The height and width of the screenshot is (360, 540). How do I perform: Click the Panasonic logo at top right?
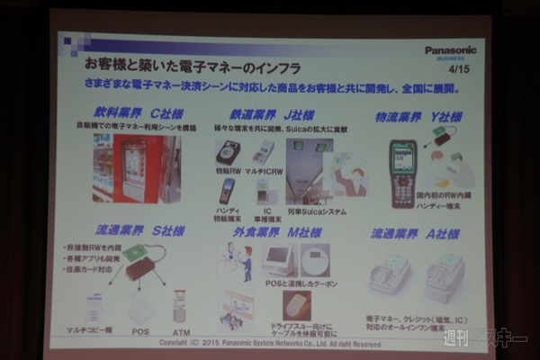(450, 50)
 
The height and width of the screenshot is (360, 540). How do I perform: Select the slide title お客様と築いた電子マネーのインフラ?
(193, 68)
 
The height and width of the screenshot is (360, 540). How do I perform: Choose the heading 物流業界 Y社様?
(418, 117)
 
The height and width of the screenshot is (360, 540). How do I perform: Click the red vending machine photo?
(135, 168)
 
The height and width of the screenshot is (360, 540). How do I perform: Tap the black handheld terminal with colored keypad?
(402, 174)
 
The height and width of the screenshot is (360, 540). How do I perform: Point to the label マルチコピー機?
(89, 330)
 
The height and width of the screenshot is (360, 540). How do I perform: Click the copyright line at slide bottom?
(270, 343)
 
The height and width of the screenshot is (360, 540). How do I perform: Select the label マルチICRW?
(264, 171)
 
